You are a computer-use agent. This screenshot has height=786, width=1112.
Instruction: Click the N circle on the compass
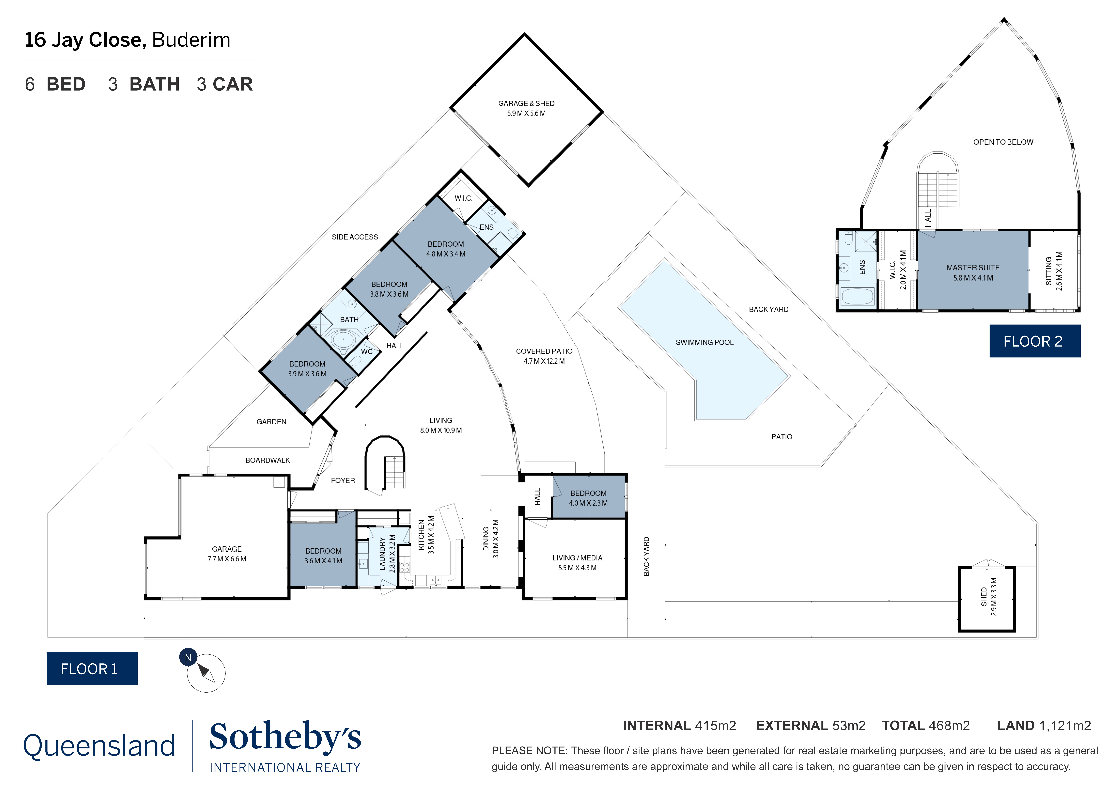pos(188,658)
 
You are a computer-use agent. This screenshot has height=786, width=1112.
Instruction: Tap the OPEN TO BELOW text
pos(1003,142)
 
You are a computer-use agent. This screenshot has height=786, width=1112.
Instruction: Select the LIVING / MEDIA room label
pos(577,558)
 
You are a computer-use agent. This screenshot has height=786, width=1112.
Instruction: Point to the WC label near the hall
pos(367,352)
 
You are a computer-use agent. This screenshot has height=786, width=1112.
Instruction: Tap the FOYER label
pos(343,481)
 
